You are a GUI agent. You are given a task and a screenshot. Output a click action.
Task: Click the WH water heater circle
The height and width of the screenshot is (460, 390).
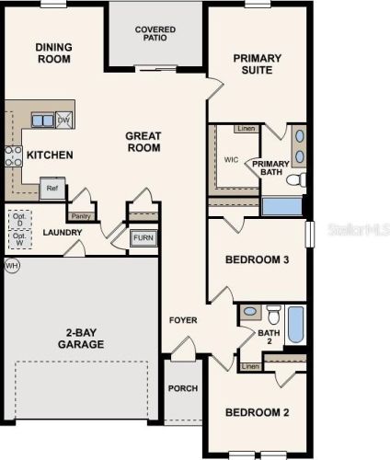(x=12, y=265)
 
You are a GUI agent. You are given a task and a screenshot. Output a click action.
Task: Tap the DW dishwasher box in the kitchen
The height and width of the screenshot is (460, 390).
(x=63, y=120)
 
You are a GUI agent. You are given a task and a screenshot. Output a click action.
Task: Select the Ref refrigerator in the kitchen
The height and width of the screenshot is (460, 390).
(x=52, y=188)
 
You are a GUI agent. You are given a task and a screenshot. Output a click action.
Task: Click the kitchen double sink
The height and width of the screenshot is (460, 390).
(x=43, y=120)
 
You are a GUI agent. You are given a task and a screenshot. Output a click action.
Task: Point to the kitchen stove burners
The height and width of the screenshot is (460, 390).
(x=13, y=156)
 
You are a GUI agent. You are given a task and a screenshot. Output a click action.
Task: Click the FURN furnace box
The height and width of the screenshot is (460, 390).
(x=143, y=237)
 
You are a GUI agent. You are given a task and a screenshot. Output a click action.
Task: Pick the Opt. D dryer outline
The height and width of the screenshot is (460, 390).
(x=20, y=219)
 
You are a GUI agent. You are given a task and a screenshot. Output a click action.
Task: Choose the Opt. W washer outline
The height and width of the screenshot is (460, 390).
(x=20, y=239)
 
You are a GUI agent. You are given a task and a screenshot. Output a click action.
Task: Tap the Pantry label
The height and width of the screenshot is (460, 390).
(x=81, y=216)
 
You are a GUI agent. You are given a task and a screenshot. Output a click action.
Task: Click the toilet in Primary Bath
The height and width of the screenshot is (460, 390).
(x=296, y=179)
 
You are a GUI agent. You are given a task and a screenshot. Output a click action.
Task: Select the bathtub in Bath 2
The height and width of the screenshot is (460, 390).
(x=296, y=325)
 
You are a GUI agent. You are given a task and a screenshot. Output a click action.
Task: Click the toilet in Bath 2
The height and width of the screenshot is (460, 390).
(x=274, y=315)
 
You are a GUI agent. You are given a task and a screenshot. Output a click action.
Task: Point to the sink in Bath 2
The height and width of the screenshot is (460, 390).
(x=250, y=312)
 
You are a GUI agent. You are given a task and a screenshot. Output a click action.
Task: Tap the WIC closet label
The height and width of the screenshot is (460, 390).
(x=231, y=159)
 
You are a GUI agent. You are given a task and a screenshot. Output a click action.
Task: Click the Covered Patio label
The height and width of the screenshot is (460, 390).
(x=155, y=34)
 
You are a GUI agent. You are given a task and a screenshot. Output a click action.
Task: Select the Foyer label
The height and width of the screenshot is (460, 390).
(x=183, y=320)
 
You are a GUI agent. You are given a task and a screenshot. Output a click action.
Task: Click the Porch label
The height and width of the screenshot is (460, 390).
(x=183, y=388)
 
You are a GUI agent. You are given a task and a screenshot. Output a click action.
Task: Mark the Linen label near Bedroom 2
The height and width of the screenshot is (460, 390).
(x=250, y=366)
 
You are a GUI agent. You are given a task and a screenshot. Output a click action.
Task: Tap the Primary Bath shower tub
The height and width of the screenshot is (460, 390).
(x=282, y=206)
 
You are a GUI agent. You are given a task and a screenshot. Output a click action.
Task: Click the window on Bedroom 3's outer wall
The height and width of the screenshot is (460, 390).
(x=310, y=235)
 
